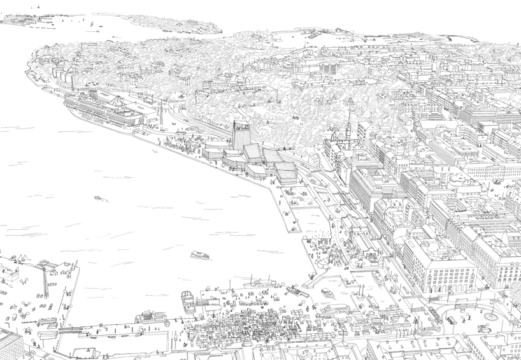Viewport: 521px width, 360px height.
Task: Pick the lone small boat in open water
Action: pos(98,198)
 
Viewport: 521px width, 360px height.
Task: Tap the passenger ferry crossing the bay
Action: pos(200,256)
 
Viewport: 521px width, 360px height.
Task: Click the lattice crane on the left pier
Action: pos(45,280)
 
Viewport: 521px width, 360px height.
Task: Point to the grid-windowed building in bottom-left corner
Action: pos(11,345)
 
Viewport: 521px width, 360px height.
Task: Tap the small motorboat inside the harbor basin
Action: pos(327,292)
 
